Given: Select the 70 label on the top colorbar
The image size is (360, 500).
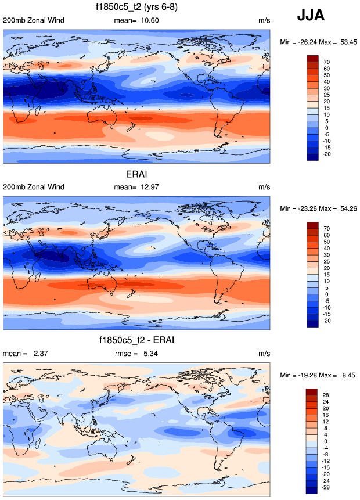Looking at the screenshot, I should coord(327,61).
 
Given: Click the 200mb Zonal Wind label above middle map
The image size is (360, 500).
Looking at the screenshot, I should coord(34,187).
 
